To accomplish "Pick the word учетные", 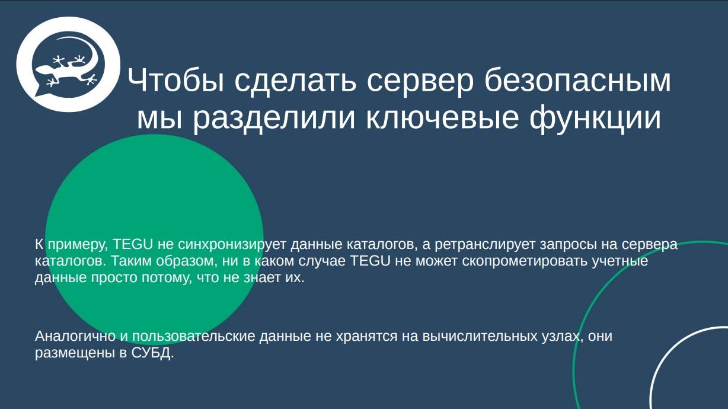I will tap(619, 261).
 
